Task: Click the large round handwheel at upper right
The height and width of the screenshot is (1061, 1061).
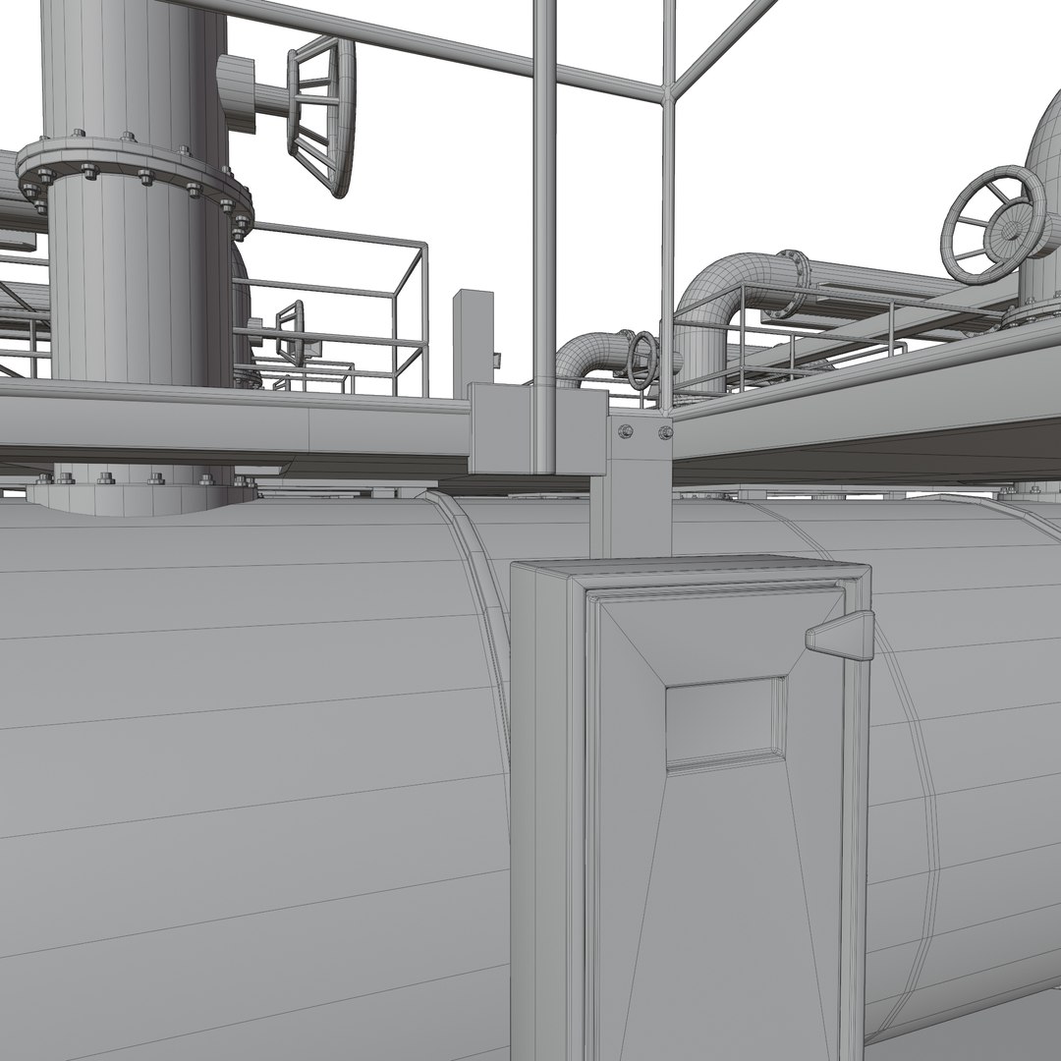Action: [993, 224]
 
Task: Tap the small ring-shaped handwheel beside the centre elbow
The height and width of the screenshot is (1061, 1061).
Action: [643, 360]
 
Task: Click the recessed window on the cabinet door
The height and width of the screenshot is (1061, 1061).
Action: [725, 722]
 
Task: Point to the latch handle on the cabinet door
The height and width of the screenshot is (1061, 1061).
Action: [841, 634]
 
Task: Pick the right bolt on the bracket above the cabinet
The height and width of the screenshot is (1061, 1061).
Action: [665, 431]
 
